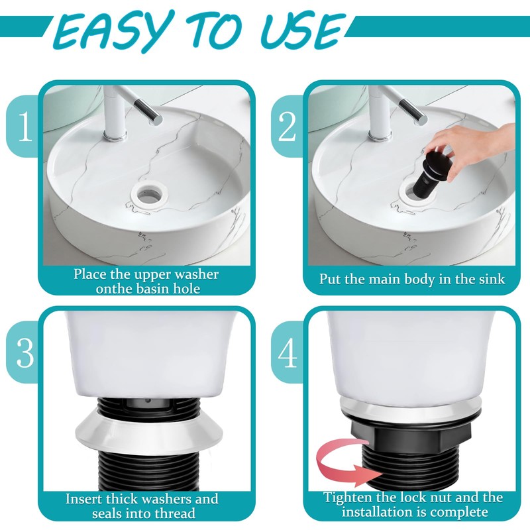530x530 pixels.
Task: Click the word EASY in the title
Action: tap(111, 31)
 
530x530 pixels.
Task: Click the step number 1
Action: tap(25, 127)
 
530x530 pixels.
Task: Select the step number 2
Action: tap(287, 127)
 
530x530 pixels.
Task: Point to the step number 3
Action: tap(25, 352)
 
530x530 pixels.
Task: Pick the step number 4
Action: tap(288, 352)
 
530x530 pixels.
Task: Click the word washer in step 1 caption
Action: tap(197, 274)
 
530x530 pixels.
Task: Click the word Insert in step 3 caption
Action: tap(83, 499)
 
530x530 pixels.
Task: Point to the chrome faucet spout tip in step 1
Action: tap(158, 121)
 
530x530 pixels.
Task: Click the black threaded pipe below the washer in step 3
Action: tap(148, 471)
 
